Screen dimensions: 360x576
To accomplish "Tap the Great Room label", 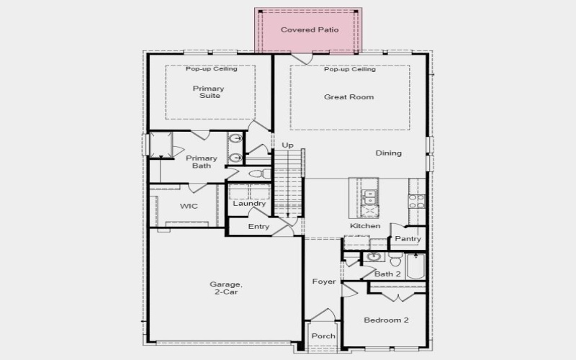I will tap(348, 96).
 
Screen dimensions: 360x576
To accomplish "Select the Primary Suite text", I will tap(208, 93).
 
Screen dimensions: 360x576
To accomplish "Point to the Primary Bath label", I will tap(202, 162).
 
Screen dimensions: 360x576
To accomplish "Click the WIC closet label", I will tap(189, 206).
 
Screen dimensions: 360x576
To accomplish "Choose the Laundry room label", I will tap(249, 203).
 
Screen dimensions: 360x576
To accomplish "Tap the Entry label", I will tap(258, 227).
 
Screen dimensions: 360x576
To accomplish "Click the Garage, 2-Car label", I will tap(225, 288).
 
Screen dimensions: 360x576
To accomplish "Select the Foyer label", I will tap(323, 282).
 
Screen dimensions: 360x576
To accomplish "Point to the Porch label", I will tap(323, 336).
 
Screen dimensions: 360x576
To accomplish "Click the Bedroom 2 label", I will tap(386, 320).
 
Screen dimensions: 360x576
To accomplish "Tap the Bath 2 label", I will tap(387, 274).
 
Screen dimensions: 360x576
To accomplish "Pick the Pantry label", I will tap(408, 238).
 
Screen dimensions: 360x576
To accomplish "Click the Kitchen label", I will tap(365, 226).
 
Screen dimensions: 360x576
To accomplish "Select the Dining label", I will tap(389, 153).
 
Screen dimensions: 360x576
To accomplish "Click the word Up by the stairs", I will tap(287, 145).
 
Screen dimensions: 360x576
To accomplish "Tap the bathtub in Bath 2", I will tap(416, 267).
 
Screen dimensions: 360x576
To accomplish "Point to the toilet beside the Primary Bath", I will tap(256, 174).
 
